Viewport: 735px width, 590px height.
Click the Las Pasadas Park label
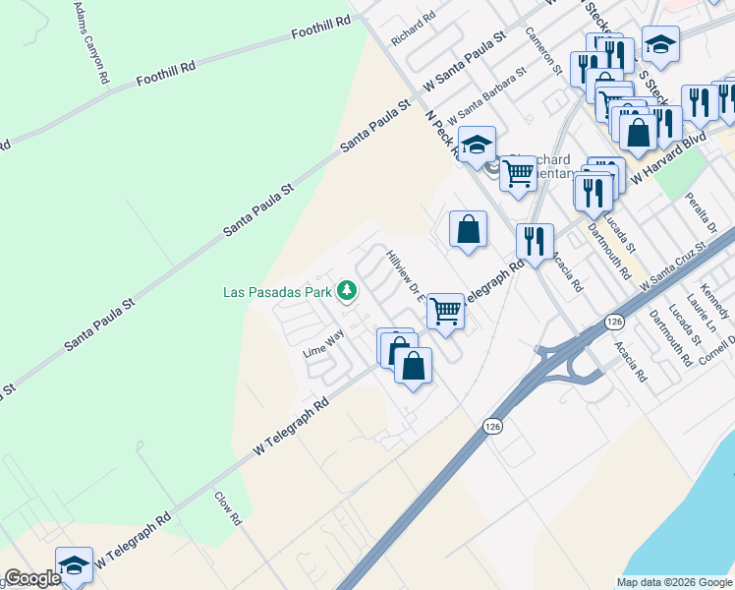[276, 291]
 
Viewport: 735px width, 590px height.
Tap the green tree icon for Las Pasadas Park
[346, 290]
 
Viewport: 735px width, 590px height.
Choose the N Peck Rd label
[441, 133]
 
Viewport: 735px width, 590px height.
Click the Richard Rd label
[413, 29]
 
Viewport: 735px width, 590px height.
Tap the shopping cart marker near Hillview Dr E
[445, 311]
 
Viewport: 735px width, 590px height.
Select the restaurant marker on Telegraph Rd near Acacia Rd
[535, 241]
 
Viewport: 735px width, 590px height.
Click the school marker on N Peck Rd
[477, 145]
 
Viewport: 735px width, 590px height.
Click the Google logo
[32, 579]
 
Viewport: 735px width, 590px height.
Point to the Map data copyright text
[673, 582]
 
